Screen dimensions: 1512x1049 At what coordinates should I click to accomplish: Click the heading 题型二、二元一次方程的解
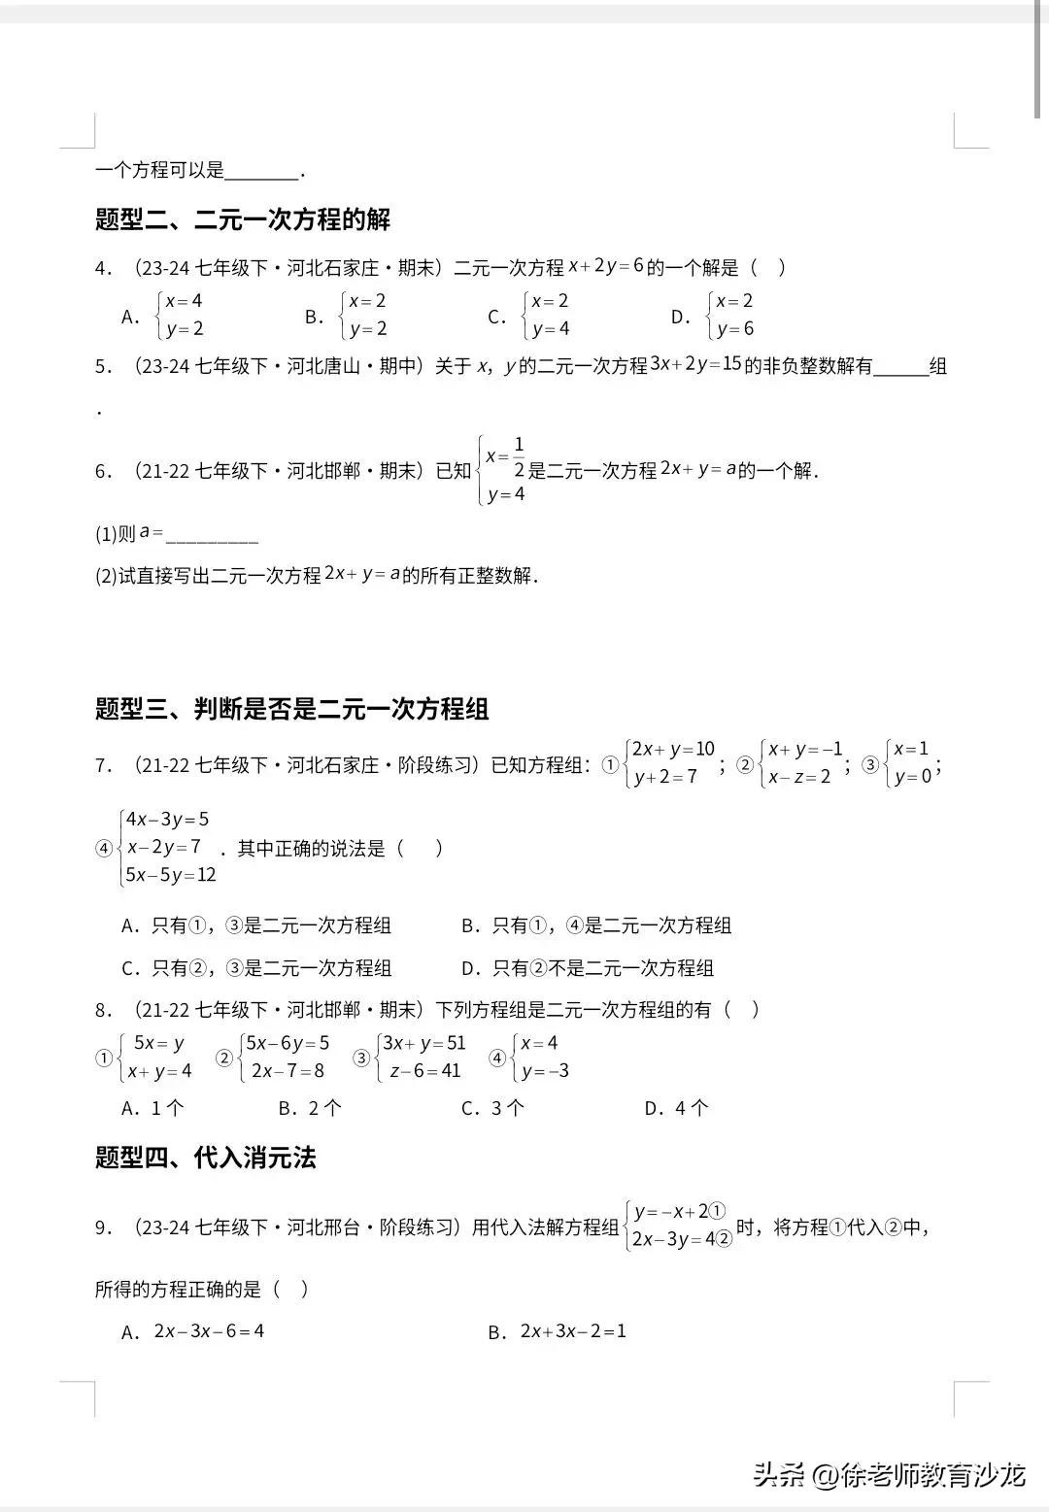pos(243,219)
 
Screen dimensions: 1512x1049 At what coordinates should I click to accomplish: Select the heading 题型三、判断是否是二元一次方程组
pos(291,709)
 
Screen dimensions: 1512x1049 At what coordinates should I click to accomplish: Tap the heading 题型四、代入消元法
pos(206,1158)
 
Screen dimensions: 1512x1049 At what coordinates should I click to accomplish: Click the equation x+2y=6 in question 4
pos(606,266)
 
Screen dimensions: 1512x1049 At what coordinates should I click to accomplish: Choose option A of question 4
pos(163,316)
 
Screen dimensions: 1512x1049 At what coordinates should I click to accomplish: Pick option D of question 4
pos(713,316)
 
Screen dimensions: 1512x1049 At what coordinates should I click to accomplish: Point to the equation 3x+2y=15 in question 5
pos(695,364)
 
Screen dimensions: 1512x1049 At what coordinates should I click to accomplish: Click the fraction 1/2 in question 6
pos(519,457)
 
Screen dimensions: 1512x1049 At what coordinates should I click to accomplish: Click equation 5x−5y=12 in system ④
pos(171,875)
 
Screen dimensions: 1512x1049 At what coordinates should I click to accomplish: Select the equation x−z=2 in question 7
pos(799,777)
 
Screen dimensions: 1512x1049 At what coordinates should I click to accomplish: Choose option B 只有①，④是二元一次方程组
pos(596,925)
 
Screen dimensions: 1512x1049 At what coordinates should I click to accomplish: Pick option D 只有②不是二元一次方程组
pos(588,968)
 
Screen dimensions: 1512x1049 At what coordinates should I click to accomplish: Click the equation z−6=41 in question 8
pos(424,1071)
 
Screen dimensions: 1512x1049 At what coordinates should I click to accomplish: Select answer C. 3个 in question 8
pos(492,1108)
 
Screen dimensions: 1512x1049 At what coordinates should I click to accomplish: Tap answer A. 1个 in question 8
pos(152,1108)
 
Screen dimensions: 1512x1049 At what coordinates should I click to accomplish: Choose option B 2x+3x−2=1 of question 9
pos(558,1331)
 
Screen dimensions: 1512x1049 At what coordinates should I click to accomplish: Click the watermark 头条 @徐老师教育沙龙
pos(889,1476)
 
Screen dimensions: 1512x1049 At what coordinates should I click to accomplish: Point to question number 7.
pos(103,765)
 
